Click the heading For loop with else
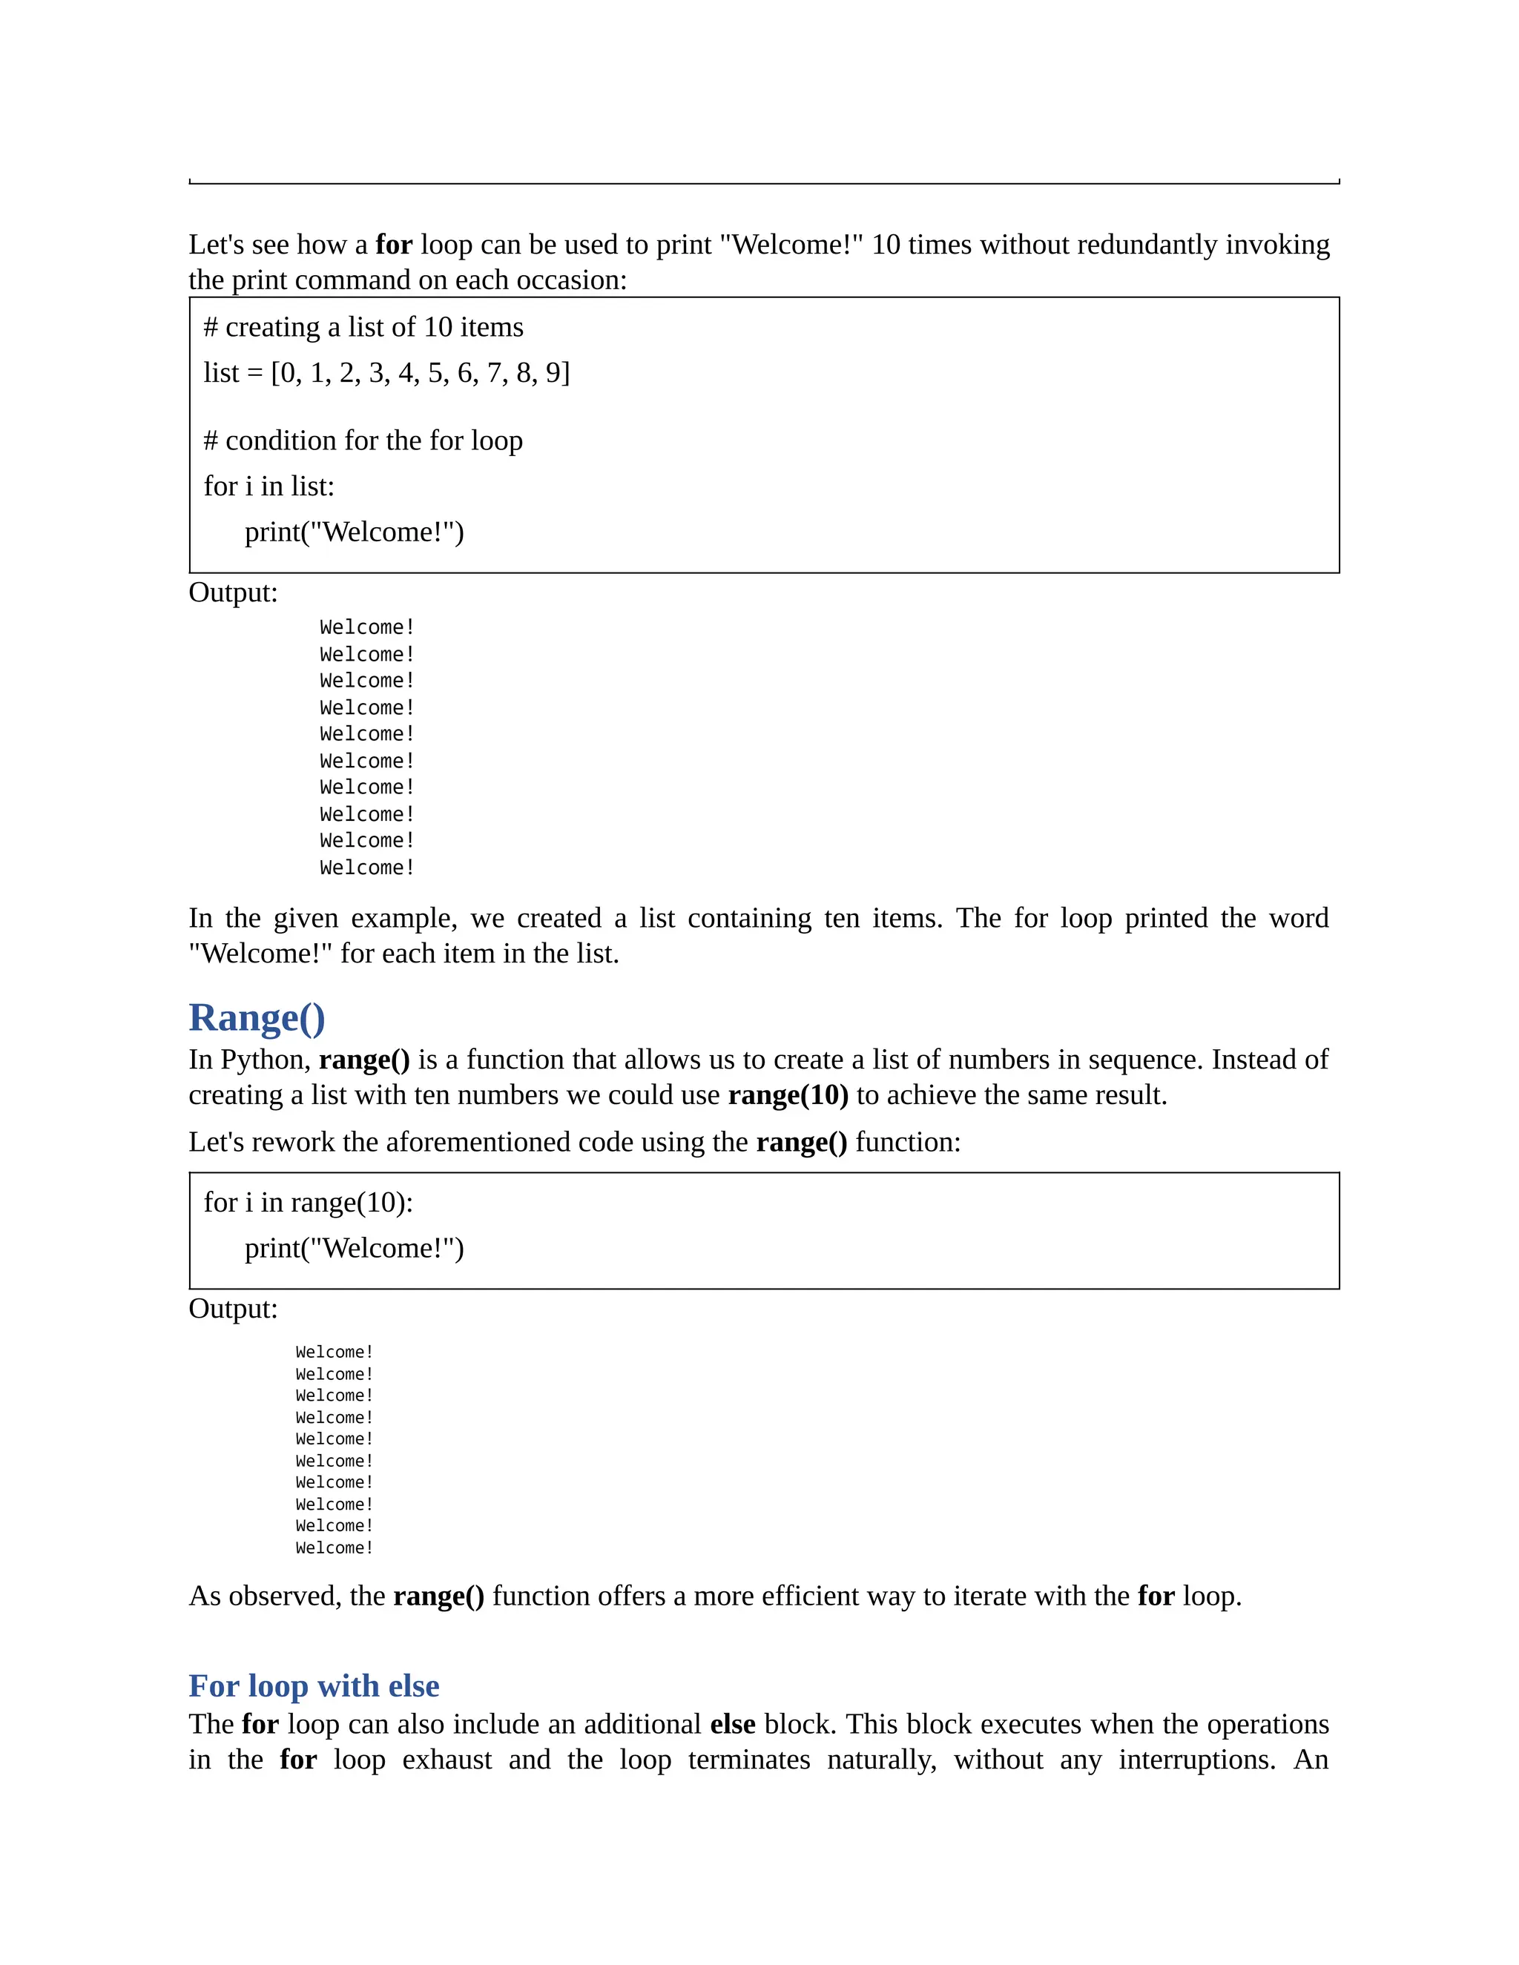click(313, 1685)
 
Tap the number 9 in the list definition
click(553, 372)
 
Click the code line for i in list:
click(269, 486)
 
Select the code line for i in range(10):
click(308, 1202)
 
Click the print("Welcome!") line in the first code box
click(354, 532)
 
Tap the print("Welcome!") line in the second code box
click(354, 1248)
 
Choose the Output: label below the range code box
click(233, 1308)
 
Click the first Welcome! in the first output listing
click(366, 627)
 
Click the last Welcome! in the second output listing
click(334, 1548)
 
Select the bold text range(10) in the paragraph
click(788, 1095)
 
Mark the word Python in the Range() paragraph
click(266, 1060)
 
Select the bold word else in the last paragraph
click(733, 1724)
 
